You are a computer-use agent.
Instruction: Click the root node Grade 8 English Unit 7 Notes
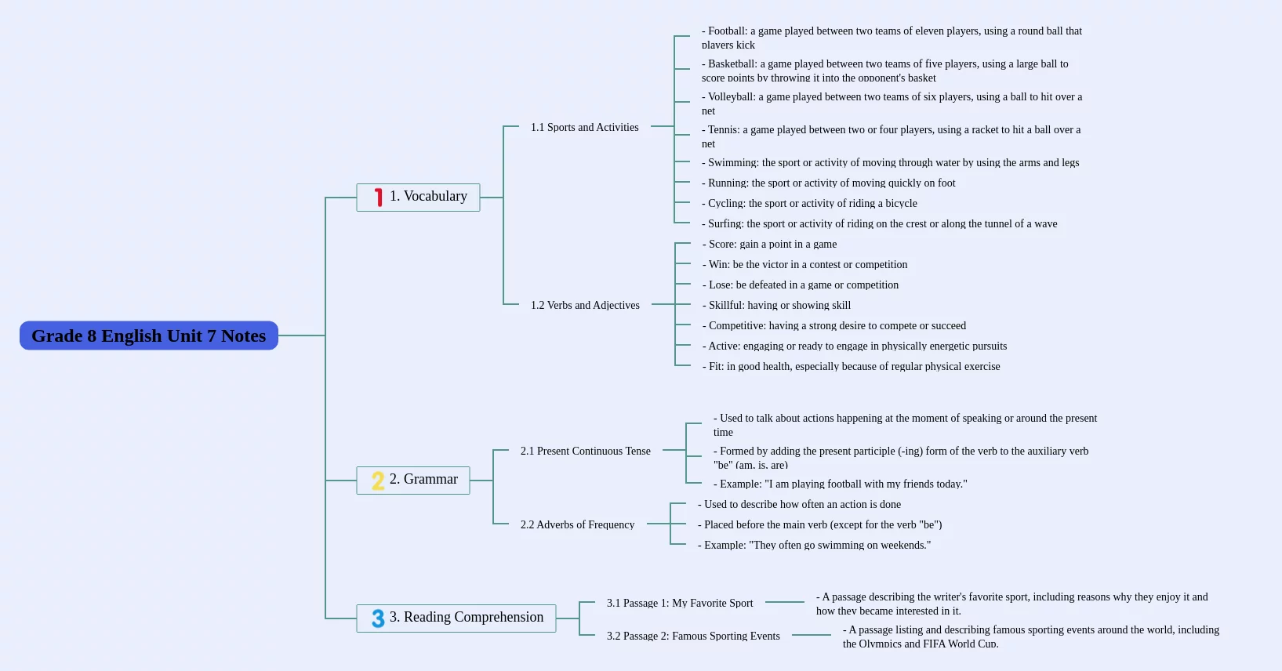[149, 335]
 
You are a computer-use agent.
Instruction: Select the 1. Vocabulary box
[418, 198]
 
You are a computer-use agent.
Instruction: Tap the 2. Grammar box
[412, 480]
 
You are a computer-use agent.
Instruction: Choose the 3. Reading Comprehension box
[456, 618]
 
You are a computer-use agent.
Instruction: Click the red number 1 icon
[378, 198]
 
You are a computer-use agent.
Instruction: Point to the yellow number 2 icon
[378, 481]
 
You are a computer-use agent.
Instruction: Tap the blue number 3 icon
[378, 618]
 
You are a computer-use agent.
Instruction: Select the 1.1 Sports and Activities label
[584, 127]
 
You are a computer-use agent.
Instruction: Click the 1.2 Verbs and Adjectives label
[585, 305]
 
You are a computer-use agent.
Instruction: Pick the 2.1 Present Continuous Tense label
[585, 451]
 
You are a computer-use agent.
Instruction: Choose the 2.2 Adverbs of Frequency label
[577, 524]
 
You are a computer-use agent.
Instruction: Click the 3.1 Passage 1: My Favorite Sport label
[679, 603]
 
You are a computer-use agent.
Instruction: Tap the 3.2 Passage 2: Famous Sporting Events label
[693, 636]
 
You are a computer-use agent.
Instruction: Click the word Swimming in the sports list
[732, 162]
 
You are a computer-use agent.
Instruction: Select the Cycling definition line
[809, 203]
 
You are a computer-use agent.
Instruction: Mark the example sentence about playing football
[841, 484]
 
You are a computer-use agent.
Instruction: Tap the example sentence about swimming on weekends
[814, 545]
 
